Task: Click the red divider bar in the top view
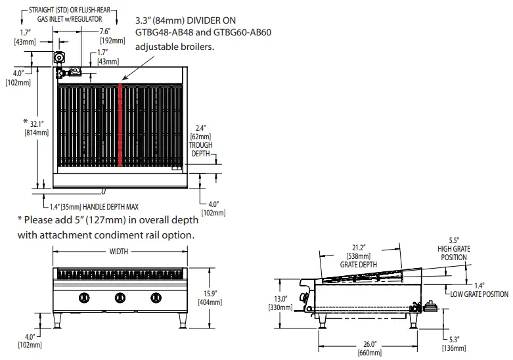(x=121, y=125)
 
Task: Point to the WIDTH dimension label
(x=119, y=251)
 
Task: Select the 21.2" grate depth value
(x=359, y=248)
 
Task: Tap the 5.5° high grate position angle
(x=453, y=241)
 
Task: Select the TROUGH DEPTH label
(x=200, y=148)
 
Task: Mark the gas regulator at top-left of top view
(x=61, y=58)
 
